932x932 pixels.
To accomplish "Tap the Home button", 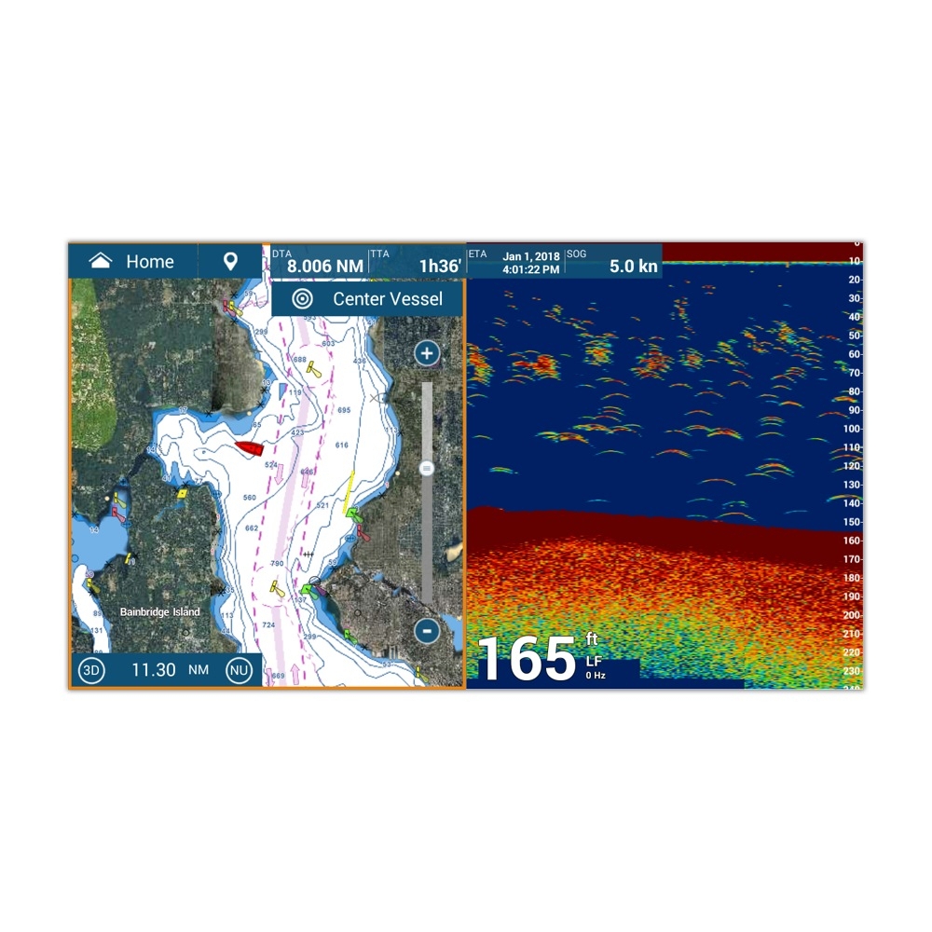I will point(132,262).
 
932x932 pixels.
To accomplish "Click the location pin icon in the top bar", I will point(230,262).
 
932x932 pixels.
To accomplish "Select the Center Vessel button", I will point(368,299).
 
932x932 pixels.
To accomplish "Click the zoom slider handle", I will point(427,468).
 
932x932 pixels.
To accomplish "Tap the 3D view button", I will point(91,670).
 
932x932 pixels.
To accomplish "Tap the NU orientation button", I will point(240,670).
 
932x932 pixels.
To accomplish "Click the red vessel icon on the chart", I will point(250,448).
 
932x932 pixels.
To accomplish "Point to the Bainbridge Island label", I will point(160,612).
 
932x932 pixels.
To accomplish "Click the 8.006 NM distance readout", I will point(324,267).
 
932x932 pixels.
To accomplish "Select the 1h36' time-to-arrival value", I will point(440,267).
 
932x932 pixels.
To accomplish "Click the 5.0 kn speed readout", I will point(634,267).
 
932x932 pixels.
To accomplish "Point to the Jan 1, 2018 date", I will point(531,256).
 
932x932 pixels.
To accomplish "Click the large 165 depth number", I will point(526,660).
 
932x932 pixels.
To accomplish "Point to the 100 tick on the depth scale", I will point(852,429).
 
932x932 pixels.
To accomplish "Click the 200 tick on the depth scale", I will point(852,615).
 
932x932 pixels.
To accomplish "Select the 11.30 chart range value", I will point(153,670).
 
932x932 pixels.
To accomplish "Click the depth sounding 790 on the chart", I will point(277,564).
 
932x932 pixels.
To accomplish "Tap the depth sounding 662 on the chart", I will point(252,528).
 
